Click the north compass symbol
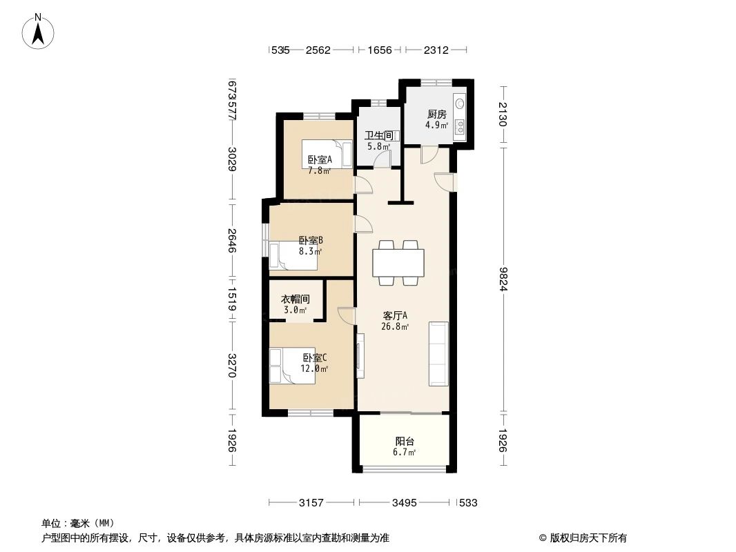tap(39, 31)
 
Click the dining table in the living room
tap(398, 262)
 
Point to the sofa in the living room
tap(438, 353)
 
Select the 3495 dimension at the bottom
tap(404, 503)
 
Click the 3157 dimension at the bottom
tap(312, 503)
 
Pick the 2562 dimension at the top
tap(318, 50)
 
